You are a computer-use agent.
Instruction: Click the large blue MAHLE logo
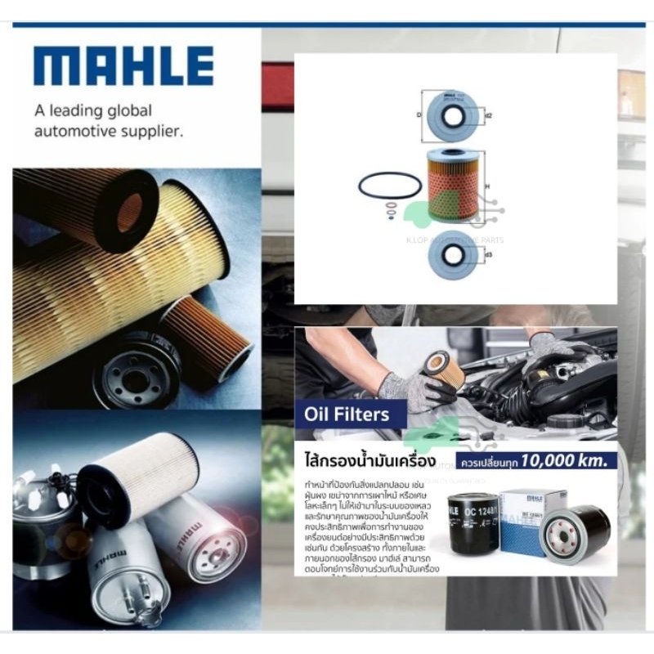(x=123, y=66)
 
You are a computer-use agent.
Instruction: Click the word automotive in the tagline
(x=79, y=129)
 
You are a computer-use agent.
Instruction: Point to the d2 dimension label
(x=488, y=115)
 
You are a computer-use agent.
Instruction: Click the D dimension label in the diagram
(x=419, y=115)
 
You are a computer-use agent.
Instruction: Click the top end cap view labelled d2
(x=452, y=116)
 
